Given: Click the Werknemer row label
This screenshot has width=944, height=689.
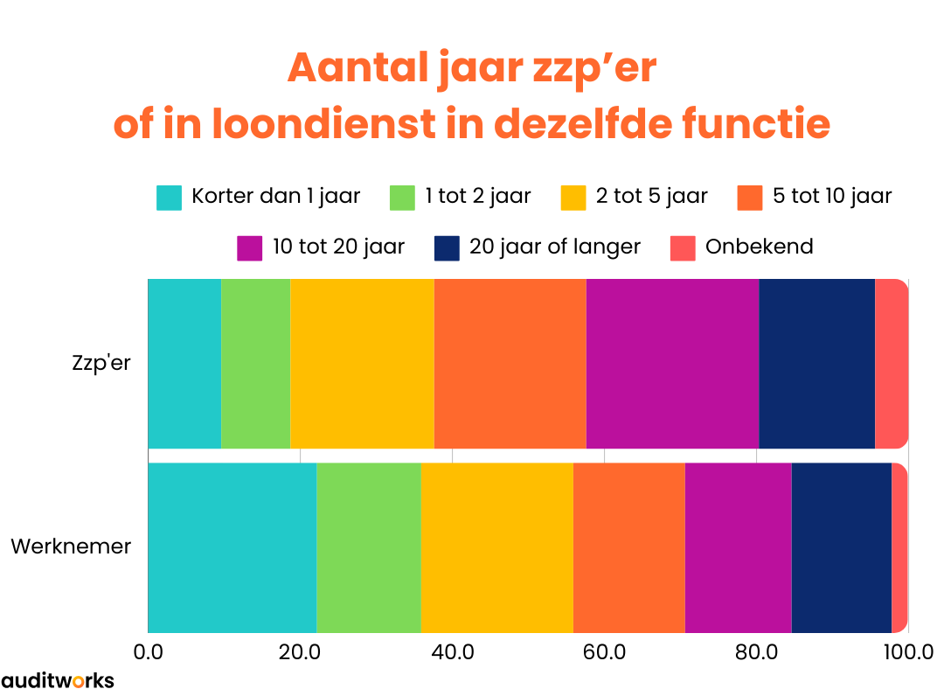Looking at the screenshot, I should pyautogui.click(x=71, y=546).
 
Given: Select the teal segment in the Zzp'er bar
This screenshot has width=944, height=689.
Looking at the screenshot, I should pyautogui.click(x=184, y=363).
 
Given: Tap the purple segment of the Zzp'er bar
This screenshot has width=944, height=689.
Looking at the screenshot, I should pyautogui.click(x=672, y=363).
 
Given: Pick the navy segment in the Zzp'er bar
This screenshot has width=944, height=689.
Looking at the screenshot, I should pyautogui.click(x=816, y=363).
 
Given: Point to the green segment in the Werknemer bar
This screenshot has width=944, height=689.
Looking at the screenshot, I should pyautogui.click(x=368, y=547).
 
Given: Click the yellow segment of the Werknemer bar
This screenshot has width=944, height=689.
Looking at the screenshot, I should pyautogui.click(x=496, y=547).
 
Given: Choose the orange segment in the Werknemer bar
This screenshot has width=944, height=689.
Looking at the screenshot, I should pyautogui.click(x=628, y=547).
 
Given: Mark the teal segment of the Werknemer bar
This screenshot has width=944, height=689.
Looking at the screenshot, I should pyautogui.click(x=232, y=547).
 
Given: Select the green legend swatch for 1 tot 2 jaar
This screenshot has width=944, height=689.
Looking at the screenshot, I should pyautogui.click(x=402, y=198).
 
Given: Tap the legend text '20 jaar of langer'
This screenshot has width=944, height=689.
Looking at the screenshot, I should pyautogui.click(x=555, y=247).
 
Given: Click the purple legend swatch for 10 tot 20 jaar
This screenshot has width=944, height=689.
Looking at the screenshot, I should pyautogui.click(x=250, y=247).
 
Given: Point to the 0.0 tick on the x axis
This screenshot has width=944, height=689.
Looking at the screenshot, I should pyautogui.click(x=148, y=652).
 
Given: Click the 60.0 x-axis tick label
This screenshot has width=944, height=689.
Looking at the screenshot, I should pyautogui.click(x=604, y=652).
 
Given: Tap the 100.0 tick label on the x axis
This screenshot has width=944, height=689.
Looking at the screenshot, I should pyautogui.click(x=908, y=652).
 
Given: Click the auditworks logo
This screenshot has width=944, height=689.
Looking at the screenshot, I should pyautogui.click(x=58, y=679).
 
